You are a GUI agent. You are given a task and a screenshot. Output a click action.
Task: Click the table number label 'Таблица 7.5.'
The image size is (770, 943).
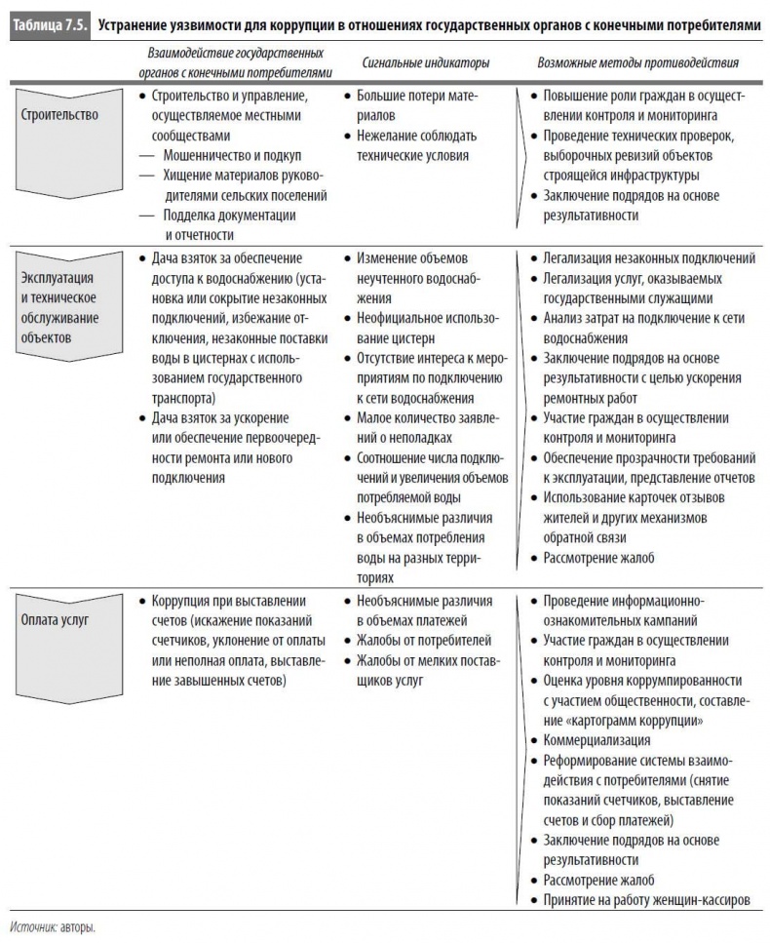[46, 24]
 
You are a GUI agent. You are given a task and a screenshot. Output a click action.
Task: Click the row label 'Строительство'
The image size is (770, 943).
[59, 115]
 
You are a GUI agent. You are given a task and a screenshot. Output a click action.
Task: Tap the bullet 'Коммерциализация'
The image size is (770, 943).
[597, 740]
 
